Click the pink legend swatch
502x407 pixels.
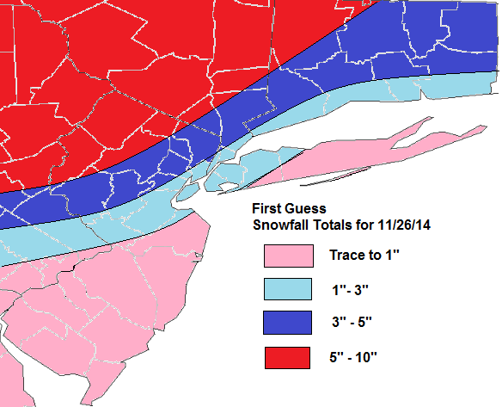click(x=288, y=256)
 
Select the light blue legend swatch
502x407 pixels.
click(x=288, y=289)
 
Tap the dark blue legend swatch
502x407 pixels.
click(x=288, y=322)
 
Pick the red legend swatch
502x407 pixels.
click(x=288, y=355)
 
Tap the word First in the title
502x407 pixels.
click(x=267, y=209)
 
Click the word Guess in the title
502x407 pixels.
click(x=305, y=209)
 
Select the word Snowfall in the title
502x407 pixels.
click(x=281, y=225)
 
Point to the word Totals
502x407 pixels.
click(x=334, y=225)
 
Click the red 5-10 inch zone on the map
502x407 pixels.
click(x=129, y=69)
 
